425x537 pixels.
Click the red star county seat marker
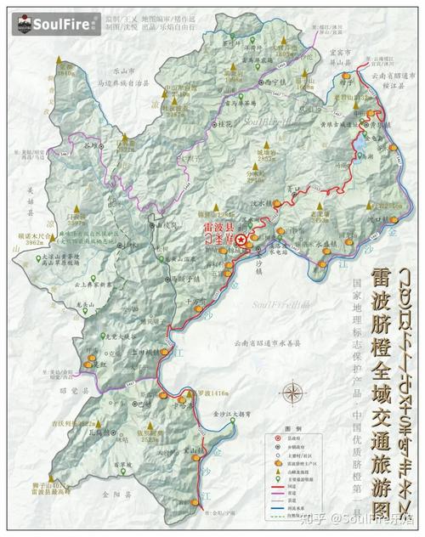pyautogui.click(x=241, y=240)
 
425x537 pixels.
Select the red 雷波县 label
pyautogui.click(x=218, y=228)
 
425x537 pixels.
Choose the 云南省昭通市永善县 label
pyautogui.click(x=270, y=343)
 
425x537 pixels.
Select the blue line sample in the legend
pyautogui.click(x=278, y=508)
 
